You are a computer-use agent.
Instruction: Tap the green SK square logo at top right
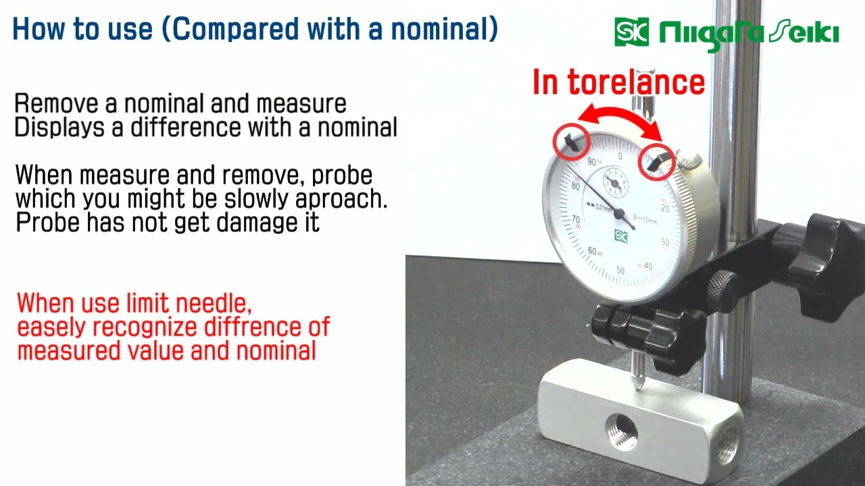tap(631, 32)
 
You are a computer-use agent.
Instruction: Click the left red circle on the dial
tap(571, 141)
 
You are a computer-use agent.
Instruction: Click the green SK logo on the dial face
tap(620, 236)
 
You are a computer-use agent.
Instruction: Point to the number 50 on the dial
tap(620, 271)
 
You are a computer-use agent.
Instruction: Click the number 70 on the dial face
tap(575, 219)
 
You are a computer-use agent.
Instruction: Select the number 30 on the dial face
tap(665, 242)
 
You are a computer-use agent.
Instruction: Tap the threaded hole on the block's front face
tap(622, 433)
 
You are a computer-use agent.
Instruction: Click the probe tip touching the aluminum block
tap(638, 384)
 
